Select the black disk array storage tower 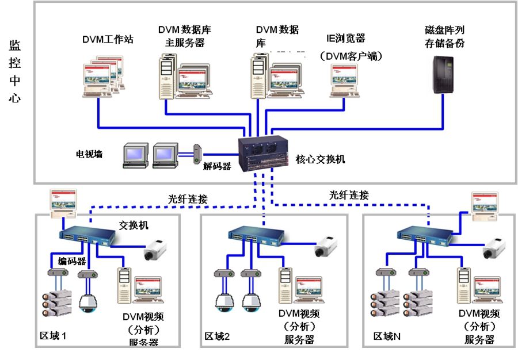point(444,75)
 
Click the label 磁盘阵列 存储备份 point(444,35)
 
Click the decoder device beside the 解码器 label point(197,154)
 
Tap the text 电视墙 point(90,154)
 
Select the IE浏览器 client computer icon point(344,80)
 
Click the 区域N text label point(387,336)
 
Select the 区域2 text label point(218,336)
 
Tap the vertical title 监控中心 point(15,71)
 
